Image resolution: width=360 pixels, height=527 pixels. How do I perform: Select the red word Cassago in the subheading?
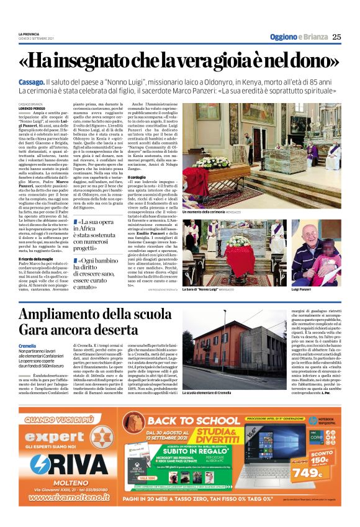[x=31, y=82]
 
